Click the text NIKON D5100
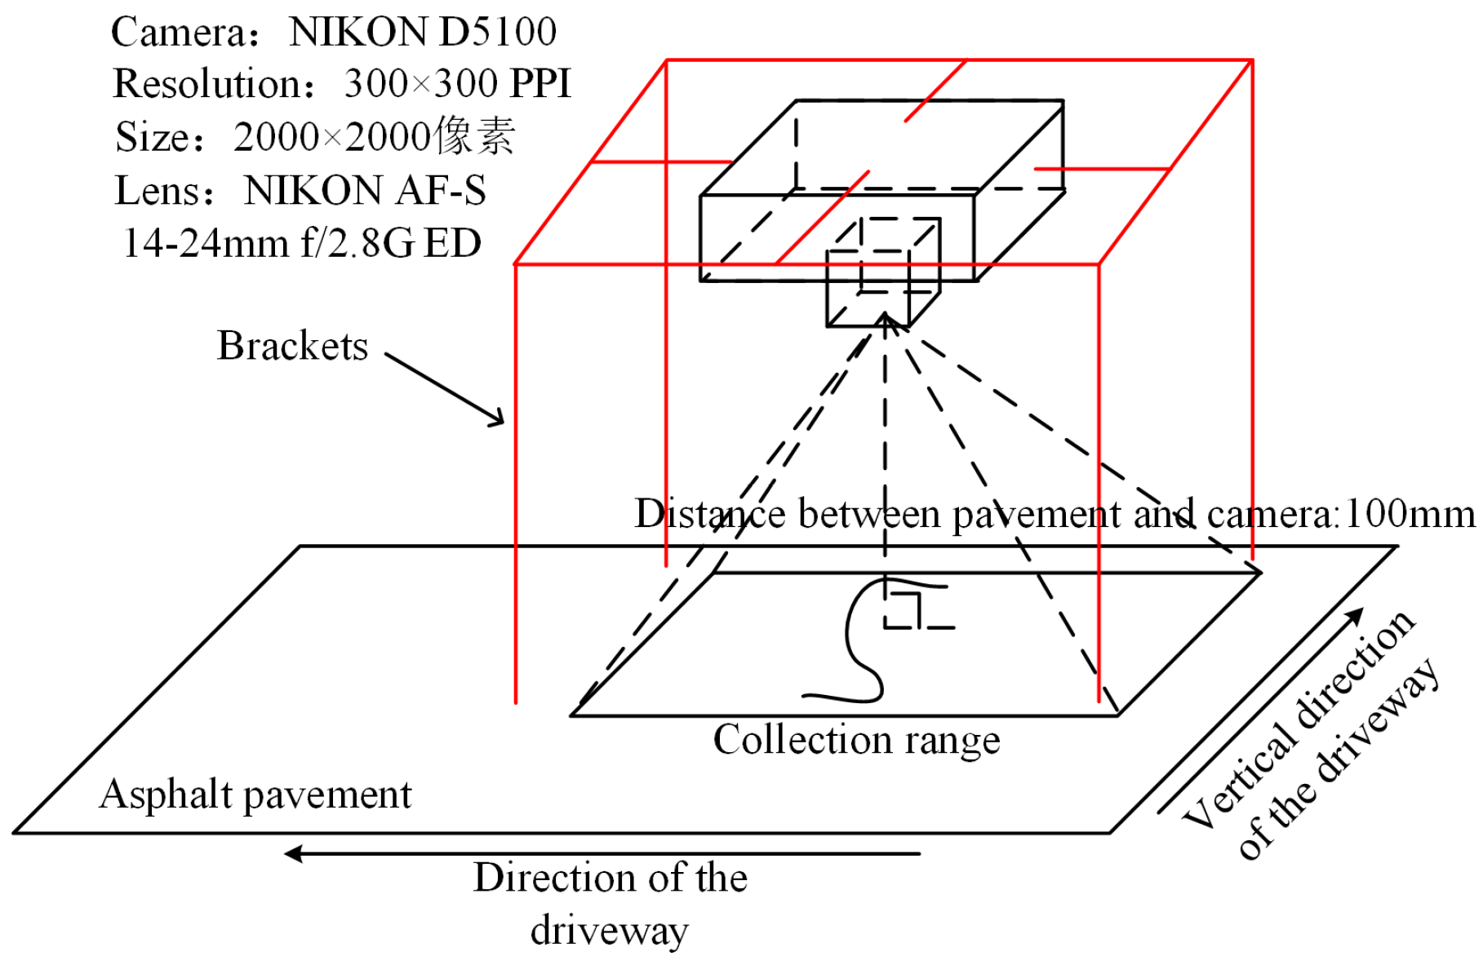point(422,33)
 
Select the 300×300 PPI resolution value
point(457,84)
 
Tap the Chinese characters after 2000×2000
point(474,135)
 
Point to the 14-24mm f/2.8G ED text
point(302,243)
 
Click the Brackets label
point(292,346)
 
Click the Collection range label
point(856,740)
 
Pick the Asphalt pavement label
point(255,794)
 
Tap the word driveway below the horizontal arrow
point(609,930)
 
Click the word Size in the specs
point(151,137)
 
